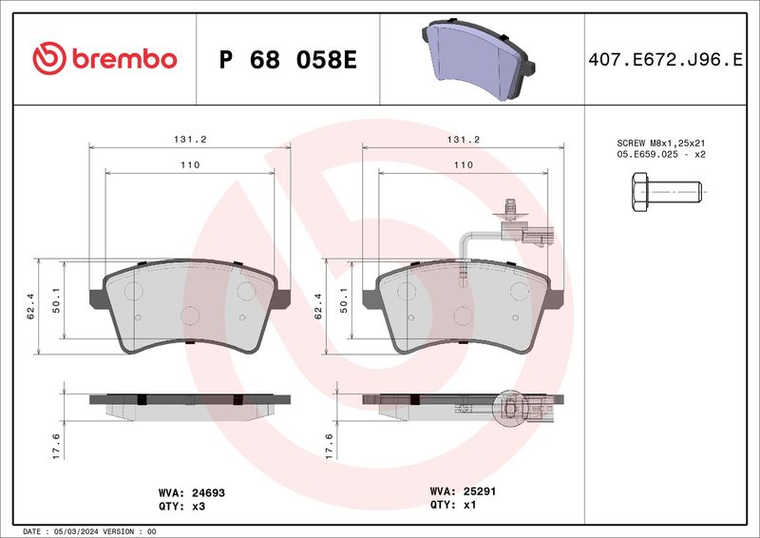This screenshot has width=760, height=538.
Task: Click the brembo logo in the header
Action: pos(104,59)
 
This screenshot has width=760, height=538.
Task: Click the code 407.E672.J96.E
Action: pos(665,60)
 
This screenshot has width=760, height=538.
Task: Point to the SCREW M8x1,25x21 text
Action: pos(661,142)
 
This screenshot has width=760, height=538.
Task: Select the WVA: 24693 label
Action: pos(191,493)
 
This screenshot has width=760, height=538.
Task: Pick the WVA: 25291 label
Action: pos(465,492)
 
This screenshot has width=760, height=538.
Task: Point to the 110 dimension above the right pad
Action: pos(463,164)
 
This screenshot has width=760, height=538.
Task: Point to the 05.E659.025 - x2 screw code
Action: pos(661,153)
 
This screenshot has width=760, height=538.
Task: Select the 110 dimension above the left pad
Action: pos(190,164)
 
